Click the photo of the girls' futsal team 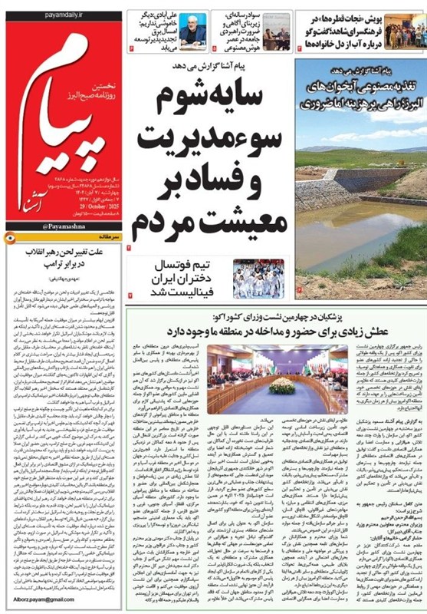258,278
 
